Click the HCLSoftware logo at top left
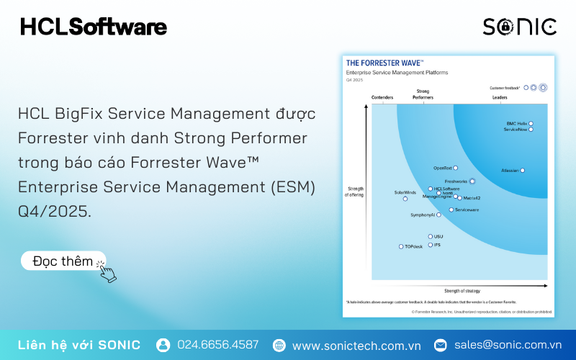[x=94, y=27]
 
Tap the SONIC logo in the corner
[x=519, y=27]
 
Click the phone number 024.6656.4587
[x=217, y=345]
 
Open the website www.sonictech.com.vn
[x=356, y=346]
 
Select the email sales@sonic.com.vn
[x=508, y=345]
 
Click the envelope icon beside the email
[x=440, y=345]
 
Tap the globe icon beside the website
[x=279, y=346]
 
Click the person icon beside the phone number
[x=163, y=345]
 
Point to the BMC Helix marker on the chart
[x=531, y=123]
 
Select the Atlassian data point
[x=523, y=171]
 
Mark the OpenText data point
[x=455, y=168]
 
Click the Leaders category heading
[x=500, y=97]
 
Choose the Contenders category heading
[x=382, y=97]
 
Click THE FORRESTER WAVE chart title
[x=384, y=63]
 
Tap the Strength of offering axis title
[x=355, y=191]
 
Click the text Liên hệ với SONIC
[x=79, y=345]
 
